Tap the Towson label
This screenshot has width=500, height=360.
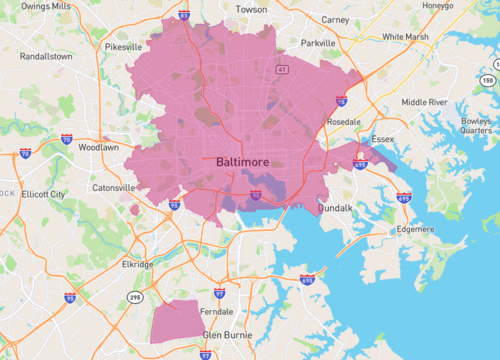pyautogui.click(x=250, y=9)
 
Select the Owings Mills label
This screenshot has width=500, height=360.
pyautogui.click(x=45, y=6)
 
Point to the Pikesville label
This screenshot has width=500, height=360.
pyautogui.click(x=124, y=46)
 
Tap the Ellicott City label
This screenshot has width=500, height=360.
pyautogui.click(x=43, y=194)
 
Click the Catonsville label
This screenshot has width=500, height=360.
pyautogui.click(x=112, y=187)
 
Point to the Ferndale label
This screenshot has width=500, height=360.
pyautogui.click(x=216, y=311)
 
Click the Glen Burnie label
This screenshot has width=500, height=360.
pyautogui.click(x=226, y=335)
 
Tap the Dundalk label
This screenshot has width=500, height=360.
pyautogui.click(x=335, y=209)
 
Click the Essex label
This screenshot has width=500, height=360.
pyautogui.click(x=384, y=139)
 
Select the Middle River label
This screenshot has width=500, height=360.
pyautogui.click(x=424, y=102)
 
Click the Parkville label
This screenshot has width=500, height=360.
pyautogui.click(x=318, y=43)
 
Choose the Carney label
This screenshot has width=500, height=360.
pyautogui.click(x=336, y=19)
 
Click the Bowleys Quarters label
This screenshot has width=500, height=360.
pyautogui.click(x=476, y=124)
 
